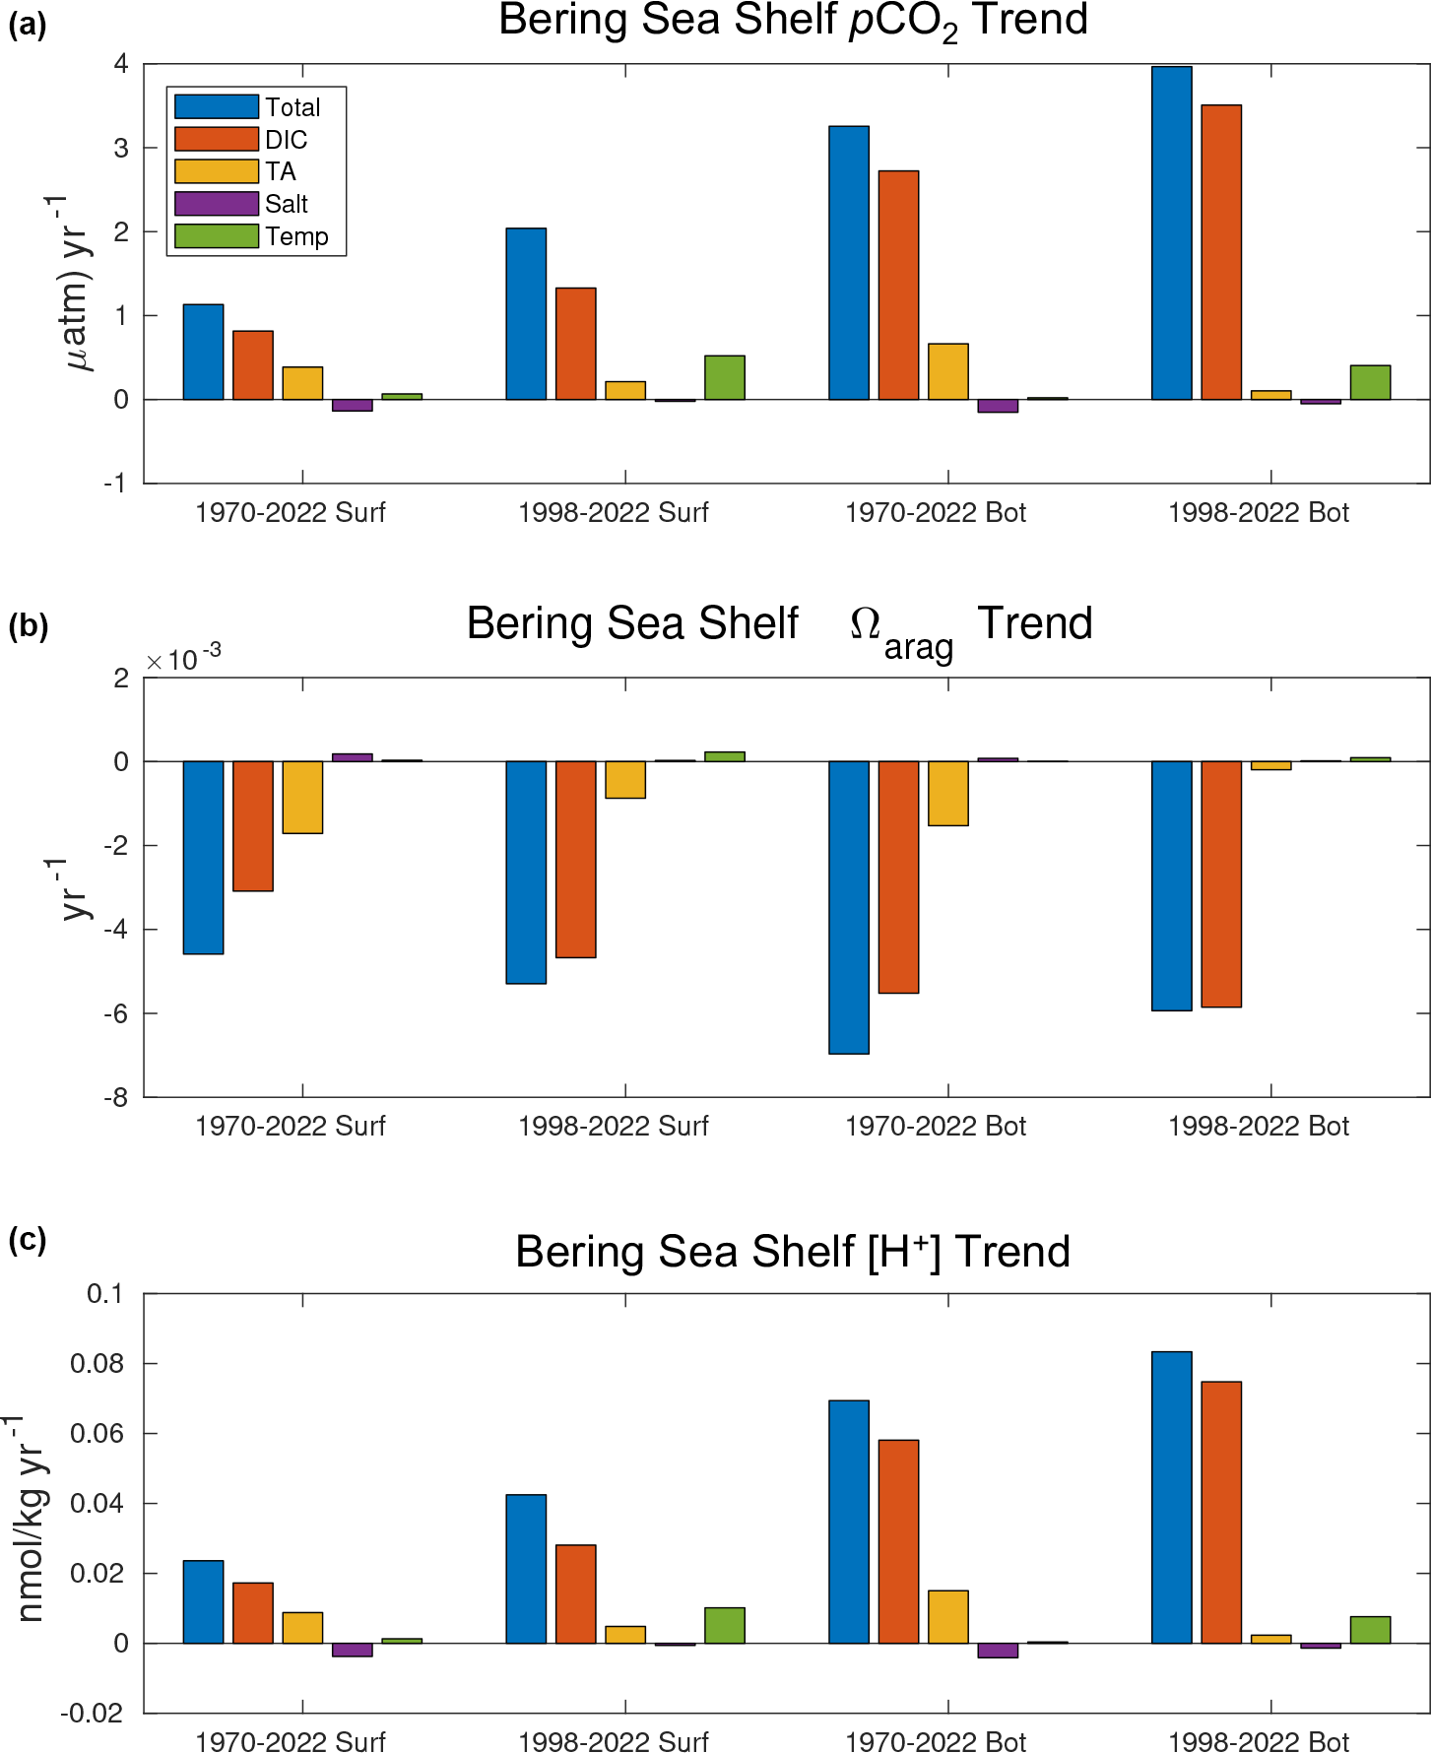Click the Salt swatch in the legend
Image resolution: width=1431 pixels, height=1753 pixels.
point(217,204)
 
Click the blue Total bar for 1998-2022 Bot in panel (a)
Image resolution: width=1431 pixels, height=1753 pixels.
point(1172,233)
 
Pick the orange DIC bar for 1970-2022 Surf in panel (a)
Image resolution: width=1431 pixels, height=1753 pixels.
point(253,365)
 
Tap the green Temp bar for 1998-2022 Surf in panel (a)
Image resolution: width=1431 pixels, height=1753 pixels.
point(725,378)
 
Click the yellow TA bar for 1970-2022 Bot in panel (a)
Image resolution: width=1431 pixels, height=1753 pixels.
point(948,371)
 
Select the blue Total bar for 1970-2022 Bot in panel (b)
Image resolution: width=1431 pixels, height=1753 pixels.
point(849,907)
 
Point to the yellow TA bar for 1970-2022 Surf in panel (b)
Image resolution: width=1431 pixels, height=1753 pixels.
point(302,798)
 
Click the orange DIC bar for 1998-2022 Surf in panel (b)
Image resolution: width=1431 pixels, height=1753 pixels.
point(576,859)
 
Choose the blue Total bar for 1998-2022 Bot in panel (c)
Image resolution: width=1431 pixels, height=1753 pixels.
point(1172,1497)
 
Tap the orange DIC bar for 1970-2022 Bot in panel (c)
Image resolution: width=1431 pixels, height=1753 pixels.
point(899,1541)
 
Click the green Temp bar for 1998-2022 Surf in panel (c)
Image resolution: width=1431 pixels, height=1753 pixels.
point(725,1625)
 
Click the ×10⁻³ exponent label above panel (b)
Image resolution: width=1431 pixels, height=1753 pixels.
point(183,658)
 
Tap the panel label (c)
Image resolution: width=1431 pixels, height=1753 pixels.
point(28,1239)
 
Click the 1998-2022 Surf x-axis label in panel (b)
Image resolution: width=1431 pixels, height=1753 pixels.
point(614,1126)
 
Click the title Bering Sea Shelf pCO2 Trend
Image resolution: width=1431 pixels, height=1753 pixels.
point(793,22)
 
